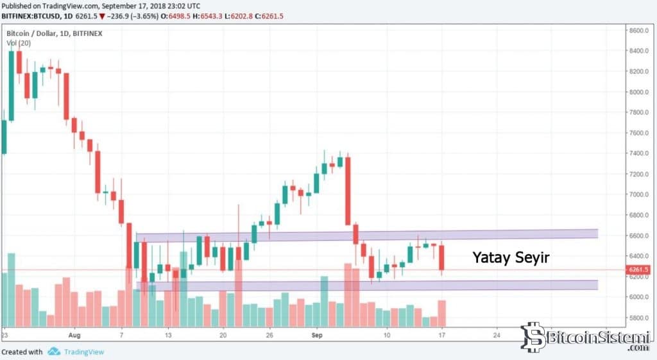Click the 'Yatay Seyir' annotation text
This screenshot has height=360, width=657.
click(511, 257)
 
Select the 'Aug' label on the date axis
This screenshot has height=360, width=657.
click(76, 335)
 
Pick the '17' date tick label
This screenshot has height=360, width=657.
click(442, 335)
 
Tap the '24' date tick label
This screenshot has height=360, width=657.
click(497, 335)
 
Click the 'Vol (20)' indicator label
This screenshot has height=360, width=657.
click(19, 42)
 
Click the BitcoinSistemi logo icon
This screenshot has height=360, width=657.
click(533, 337)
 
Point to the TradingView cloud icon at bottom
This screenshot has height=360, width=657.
click(54, 351)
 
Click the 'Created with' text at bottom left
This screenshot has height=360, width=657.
click(22, 352)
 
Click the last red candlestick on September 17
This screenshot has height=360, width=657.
click(441, 257)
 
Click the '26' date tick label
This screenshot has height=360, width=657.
click(269, 335)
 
